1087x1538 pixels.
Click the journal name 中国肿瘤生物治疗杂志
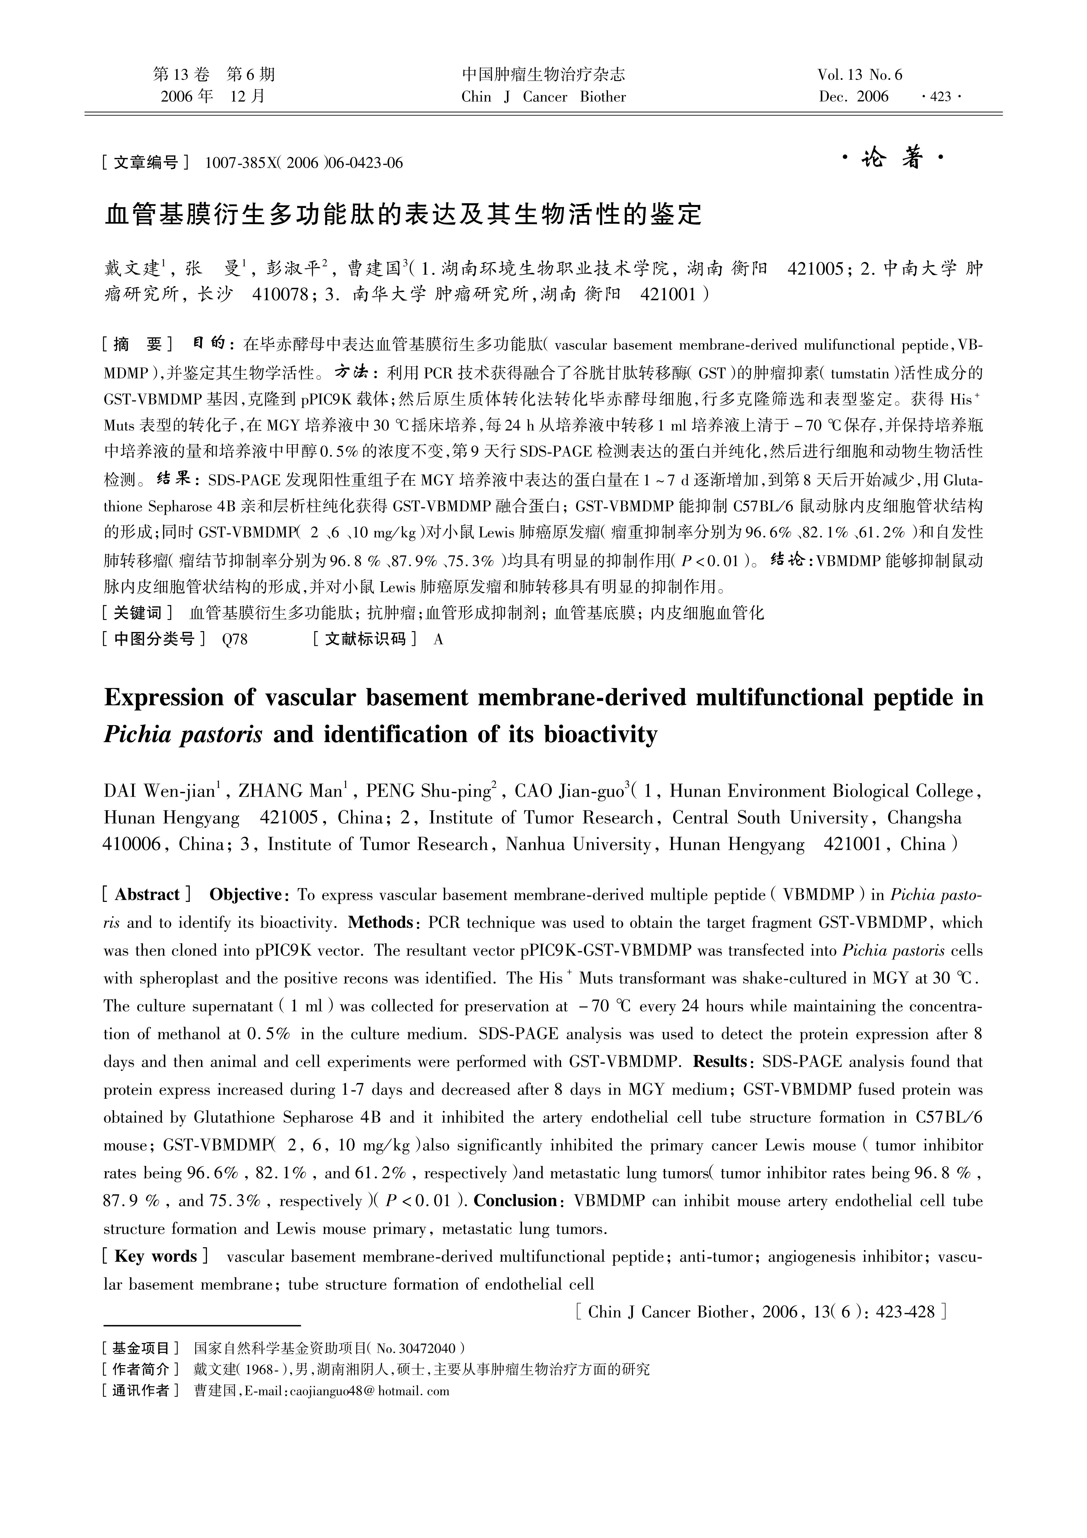coord(543,74)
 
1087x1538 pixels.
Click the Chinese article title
coord(404,214)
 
